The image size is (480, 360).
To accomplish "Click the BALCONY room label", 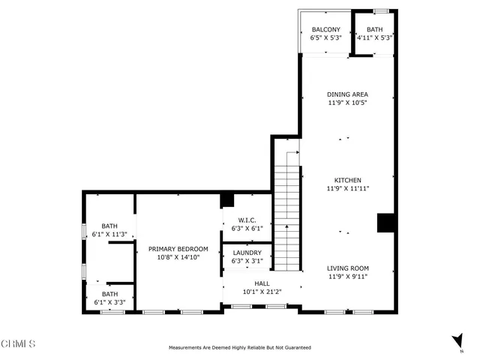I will pos(326,30).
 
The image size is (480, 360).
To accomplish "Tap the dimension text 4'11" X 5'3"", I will pos(374,37).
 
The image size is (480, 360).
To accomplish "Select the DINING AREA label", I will pos(347,94).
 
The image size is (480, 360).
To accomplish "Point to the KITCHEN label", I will pos(348,181).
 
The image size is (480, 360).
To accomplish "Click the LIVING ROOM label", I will pos(347,268).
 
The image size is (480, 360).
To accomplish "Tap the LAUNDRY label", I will pos(247,253).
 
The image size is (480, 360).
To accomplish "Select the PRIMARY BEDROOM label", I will pos(178,249).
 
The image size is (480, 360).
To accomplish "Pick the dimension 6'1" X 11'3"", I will pos(110,234).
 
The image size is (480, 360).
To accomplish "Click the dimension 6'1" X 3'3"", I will pos(110,302).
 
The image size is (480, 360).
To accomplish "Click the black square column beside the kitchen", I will pos(385,223).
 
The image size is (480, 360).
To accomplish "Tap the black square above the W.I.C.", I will pos(227,200).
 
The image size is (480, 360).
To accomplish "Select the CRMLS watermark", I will pos(19,344).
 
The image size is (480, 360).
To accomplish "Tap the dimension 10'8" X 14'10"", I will pos(178,257).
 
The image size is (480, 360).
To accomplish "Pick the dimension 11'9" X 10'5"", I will pos(347,103).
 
